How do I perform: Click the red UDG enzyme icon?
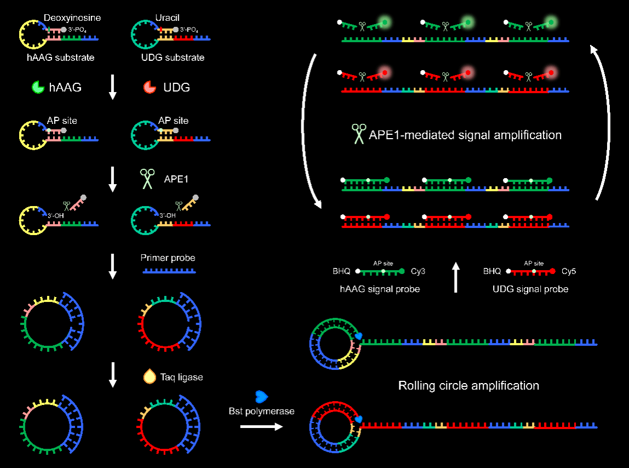point(149,87)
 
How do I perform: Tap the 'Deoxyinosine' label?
point(72,18)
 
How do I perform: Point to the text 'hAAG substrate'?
point(60,57)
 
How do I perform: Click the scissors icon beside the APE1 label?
point(147,178)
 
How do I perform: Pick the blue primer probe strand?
point(169,271)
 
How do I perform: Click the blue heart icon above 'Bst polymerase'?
point(261,396)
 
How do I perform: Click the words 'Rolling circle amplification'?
point(468,386)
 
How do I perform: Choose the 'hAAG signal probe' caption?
point(380,289)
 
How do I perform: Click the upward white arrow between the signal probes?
point(456,277)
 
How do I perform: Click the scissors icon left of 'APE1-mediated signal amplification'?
point(359,134)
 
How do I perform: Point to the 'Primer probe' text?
point(168,258)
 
